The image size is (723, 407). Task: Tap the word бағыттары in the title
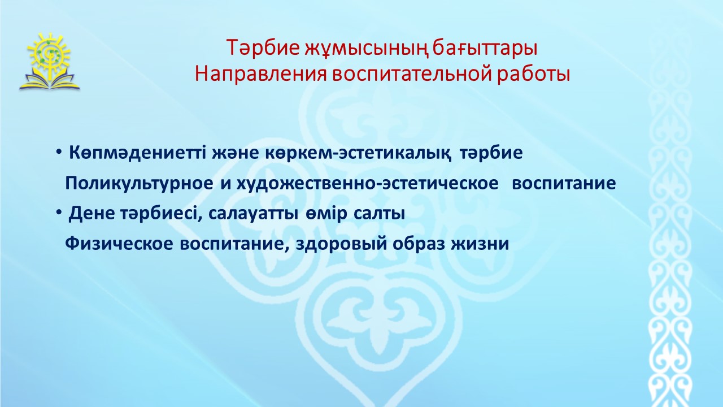pos(485,49)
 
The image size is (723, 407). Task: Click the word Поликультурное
pos(139,184)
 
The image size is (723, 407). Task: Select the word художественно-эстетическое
pos(368,184)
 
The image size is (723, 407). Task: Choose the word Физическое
pos(119,244)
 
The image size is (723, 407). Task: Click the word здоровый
pos(342,244)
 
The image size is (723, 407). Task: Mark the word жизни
pos(480,244)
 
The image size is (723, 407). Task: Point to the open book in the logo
pos(49,80)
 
